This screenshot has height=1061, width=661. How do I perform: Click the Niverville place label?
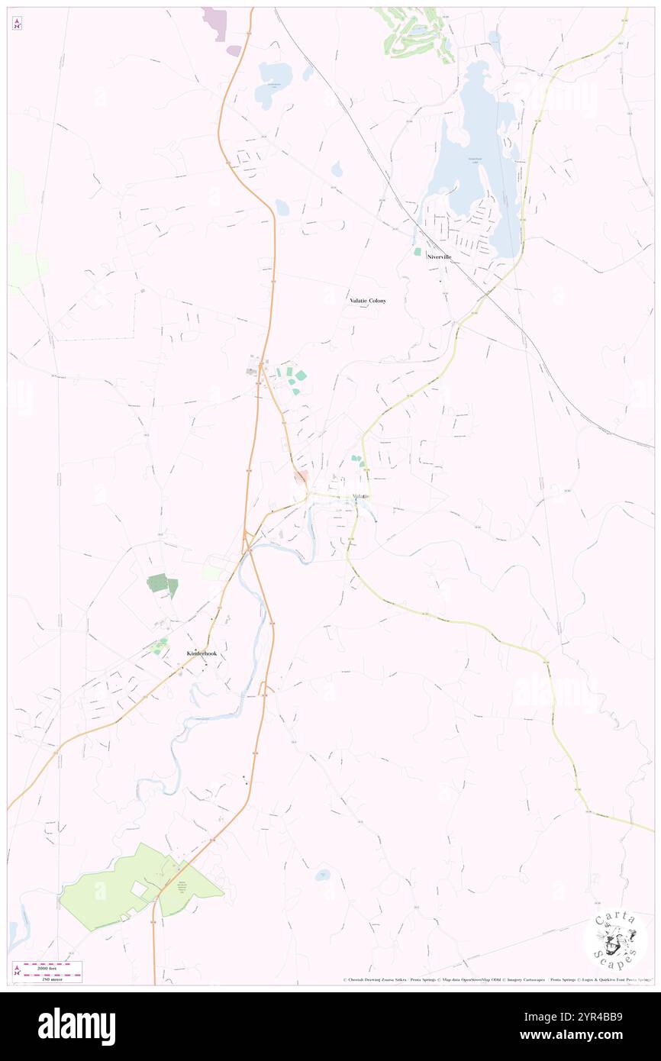(x=440, y=257)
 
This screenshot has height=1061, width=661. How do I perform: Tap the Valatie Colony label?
(x=368, y=301)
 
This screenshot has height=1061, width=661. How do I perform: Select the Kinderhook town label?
(x=202, y=653)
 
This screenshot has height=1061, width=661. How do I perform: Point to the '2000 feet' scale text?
(x=51, y=966)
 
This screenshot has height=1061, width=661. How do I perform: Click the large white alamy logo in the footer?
(x=76, y=1026)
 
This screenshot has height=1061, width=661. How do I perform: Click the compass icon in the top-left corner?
(x=17, y=24)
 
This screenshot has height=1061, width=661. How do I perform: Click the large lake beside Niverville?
(x=473, y=153)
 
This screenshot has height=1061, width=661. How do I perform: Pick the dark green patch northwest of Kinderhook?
(x=162, y=585)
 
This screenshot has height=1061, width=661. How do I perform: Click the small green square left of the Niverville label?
(x=417, y=251)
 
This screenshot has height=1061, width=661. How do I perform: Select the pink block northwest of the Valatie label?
(x=301, y=477)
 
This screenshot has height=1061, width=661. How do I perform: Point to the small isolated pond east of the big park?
(x=322, y=875)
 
